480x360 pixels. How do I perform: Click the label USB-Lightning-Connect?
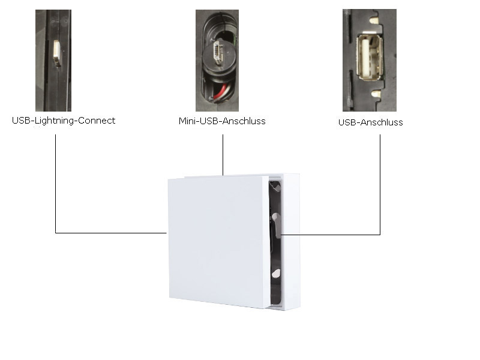[x=64, y=121]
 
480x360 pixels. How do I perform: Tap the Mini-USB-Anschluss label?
[x=222, y=121]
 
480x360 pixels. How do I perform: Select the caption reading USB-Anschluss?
[x=370, y=122]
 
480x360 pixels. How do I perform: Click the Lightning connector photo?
[x=53, y=60]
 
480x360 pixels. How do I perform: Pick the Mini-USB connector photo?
[x=221, y=60]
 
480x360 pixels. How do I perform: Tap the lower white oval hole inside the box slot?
[x=275, y=272]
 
